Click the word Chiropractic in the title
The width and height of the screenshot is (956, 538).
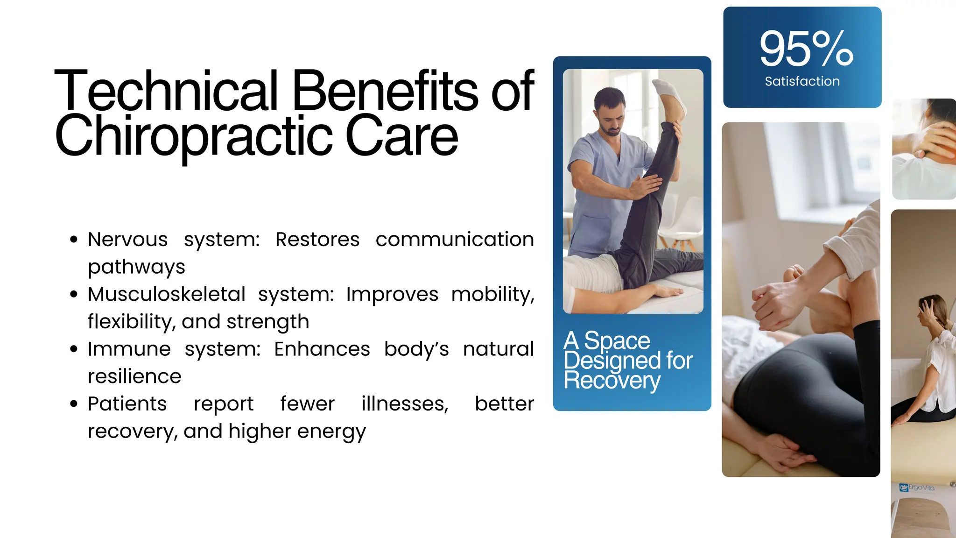[193, 136]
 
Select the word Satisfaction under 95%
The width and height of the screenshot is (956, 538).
[802, 81]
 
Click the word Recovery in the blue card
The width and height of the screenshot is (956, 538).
[612, 381]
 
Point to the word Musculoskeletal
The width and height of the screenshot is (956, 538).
[167, 294]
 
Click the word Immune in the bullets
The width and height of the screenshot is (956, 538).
[129, 349]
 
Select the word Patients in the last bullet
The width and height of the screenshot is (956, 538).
[127, 403]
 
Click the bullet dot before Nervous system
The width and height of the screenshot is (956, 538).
[74, 240]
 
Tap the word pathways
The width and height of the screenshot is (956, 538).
[136, 267]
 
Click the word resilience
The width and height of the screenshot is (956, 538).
[134, 376]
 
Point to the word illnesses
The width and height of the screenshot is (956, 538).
[405, 403]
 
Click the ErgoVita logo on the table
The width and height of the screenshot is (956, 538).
[917, 488]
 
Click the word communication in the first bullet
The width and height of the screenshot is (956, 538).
[455, 240]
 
